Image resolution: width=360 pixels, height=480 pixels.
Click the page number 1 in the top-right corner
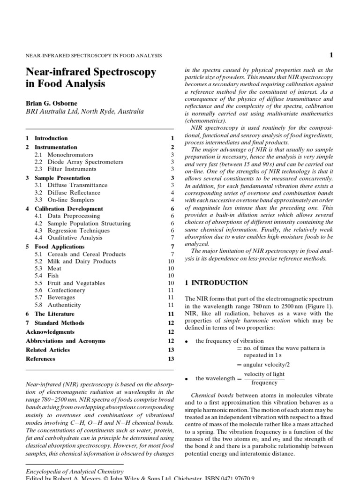point(331,55)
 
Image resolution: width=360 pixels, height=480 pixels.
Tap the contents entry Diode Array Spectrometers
point(85,162)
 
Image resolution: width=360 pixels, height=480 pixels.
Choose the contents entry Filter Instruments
point(72,169)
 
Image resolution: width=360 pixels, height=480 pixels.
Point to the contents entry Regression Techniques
point(78,231)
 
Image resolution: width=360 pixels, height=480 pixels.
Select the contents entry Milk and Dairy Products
point(82,262)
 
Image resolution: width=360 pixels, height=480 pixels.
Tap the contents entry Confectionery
point(66,290)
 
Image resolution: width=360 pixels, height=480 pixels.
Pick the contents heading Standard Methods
point(60,323)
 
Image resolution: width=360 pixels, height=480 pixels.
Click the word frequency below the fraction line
point(264,383)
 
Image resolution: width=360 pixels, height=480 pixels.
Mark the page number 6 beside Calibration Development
point(172,209)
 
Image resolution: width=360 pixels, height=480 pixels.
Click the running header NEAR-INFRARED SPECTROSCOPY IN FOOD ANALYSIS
point(94,55)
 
